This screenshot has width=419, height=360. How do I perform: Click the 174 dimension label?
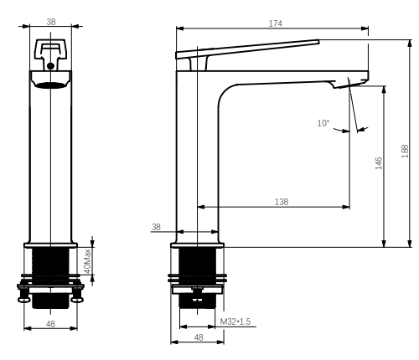pyautogui.click(x=275, y=23)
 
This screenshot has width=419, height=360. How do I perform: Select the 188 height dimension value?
pyautogui.click(x=405, y=151)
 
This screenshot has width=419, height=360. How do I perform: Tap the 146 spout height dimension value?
pyautogui.click(x=379, y=163)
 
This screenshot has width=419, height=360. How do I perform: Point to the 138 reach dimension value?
pyautogui.click(x=282, y=202)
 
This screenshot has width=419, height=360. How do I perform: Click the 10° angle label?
pyautogui.click(x=323, y=123)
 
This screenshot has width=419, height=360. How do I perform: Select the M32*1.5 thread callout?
pyautogui.click(x=235, y=321)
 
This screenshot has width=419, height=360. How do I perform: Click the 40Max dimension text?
pyautogui.click(x=87, y=261)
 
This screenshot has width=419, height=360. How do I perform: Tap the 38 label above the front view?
pyautogui.click(x=51, y=22)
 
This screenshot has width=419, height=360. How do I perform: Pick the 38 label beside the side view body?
pyautogui.click(x=157, y=227)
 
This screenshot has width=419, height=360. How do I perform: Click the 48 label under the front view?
pyautogui.click(x=50, y=324)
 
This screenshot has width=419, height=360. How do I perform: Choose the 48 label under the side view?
pyautogui.click(x=199, y=337)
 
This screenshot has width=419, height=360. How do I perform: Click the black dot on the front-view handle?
pyautogui.click(x=50, y=66)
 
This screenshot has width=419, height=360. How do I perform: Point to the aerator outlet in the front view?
pyautogui.click(x=51, y=85)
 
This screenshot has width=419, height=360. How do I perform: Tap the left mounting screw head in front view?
pyautogui.click(x=24, y=300)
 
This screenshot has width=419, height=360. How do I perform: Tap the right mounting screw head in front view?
pyautogui.click(x=77, y=300)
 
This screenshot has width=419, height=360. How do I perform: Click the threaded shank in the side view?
pyautogui.click(x=198, y=278)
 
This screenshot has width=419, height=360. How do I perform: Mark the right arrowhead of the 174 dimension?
pyautogui.click(x=365, y=28)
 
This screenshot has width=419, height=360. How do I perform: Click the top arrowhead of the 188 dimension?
pyautogui.click(x=410, y=44)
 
